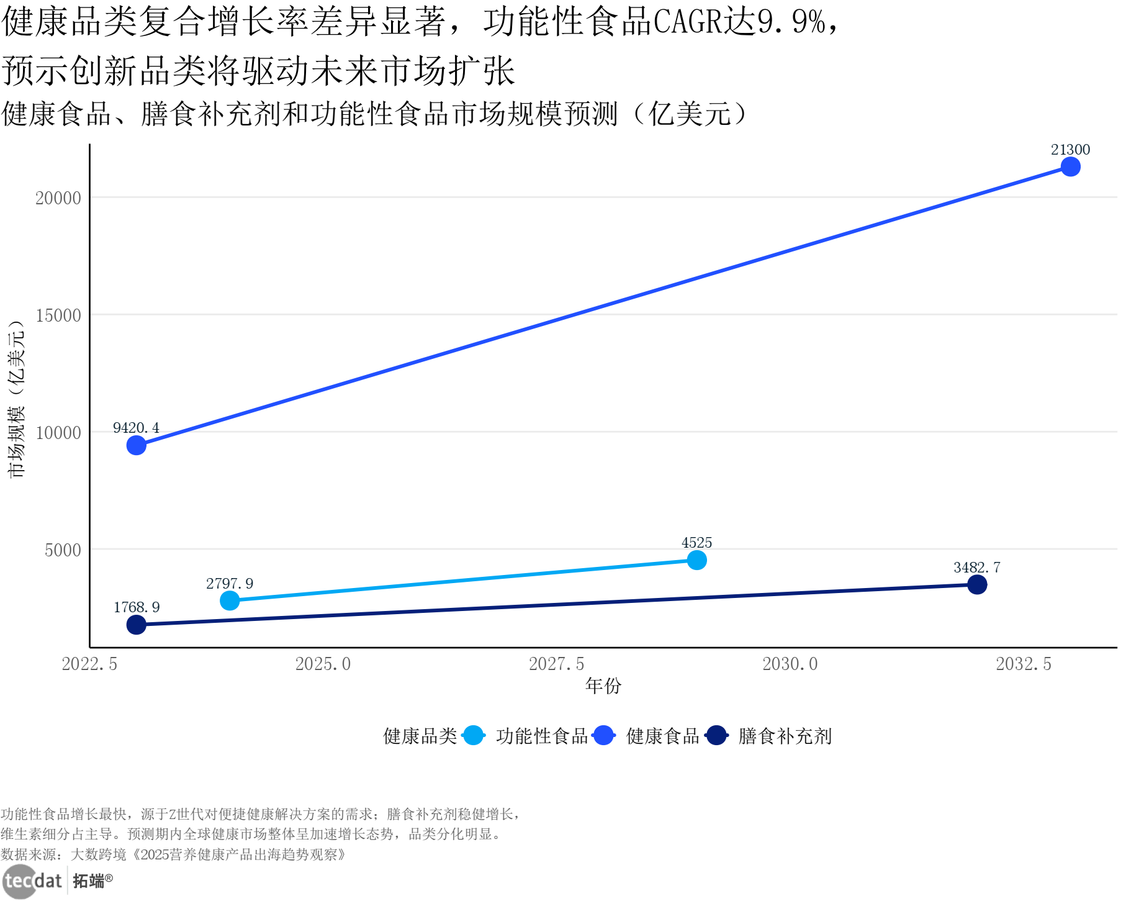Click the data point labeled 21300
point(1070,167)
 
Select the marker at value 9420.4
point(137,445)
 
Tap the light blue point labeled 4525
point(696,560)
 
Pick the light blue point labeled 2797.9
point(230,600)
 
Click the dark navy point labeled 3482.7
point(977,584)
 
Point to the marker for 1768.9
point(137,624)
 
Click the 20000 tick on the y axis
point(58,198)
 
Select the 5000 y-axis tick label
point(63,550)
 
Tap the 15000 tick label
point(58,315)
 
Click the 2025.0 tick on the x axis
point(323,664)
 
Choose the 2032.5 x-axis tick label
point(1024,664)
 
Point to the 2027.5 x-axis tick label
point(556,664)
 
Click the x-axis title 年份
point(603,686)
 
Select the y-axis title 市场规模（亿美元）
point(16,399)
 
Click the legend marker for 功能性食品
point(474,736)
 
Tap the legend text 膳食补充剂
point(785,736)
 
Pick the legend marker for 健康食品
point(603,736)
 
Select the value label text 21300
point(1070,150)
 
